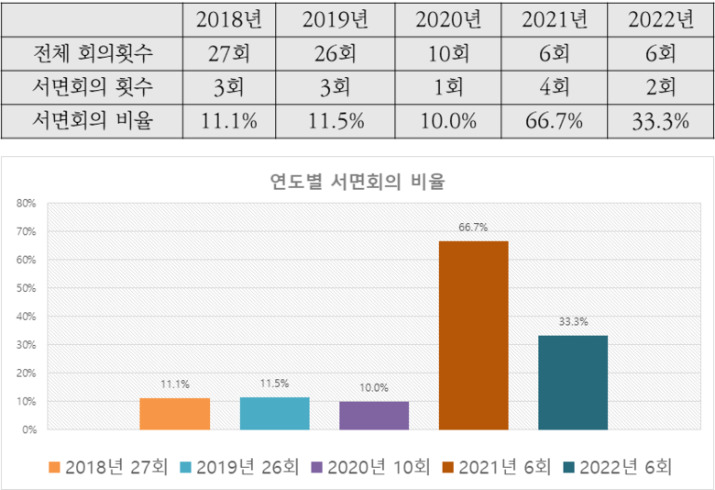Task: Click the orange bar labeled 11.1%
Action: coord(175,414)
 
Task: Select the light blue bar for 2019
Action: coord(274,413)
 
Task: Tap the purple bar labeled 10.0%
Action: coord(374,416)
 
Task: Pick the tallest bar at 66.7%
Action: coord(473,335)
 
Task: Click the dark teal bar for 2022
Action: coord(573,383)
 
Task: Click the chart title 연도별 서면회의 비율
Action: coord(357,181)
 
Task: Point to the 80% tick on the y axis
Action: coord(26,203)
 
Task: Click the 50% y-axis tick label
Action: coord(26,288)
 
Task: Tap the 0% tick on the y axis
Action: coord(28,429)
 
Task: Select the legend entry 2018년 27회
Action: coord(108,467)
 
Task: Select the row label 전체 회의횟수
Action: coord(92,53)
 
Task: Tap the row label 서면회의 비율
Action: coord(92,121)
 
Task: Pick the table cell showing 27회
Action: coord(232,53)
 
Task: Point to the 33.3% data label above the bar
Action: coord(573,322)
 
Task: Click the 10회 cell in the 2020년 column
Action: coord(448,53)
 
